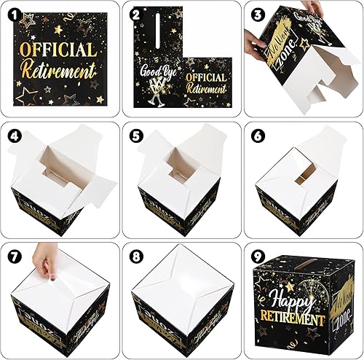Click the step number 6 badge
point(256,136)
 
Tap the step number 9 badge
point(256,257)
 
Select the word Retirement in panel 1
point(58,71)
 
